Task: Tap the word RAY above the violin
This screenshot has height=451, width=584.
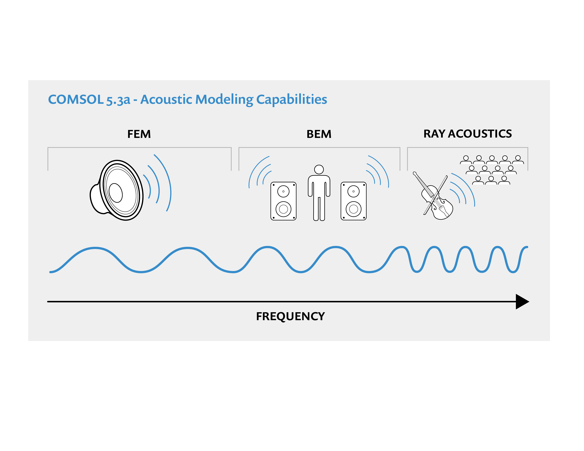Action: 434,134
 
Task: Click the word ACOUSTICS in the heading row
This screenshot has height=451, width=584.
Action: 480,134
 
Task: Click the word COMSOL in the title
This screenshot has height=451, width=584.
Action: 76,99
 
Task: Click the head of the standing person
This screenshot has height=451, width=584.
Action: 319,169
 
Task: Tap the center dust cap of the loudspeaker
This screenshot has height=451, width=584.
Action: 116,193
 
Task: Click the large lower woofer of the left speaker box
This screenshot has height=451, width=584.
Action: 283,209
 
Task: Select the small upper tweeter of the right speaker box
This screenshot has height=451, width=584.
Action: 353,191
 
